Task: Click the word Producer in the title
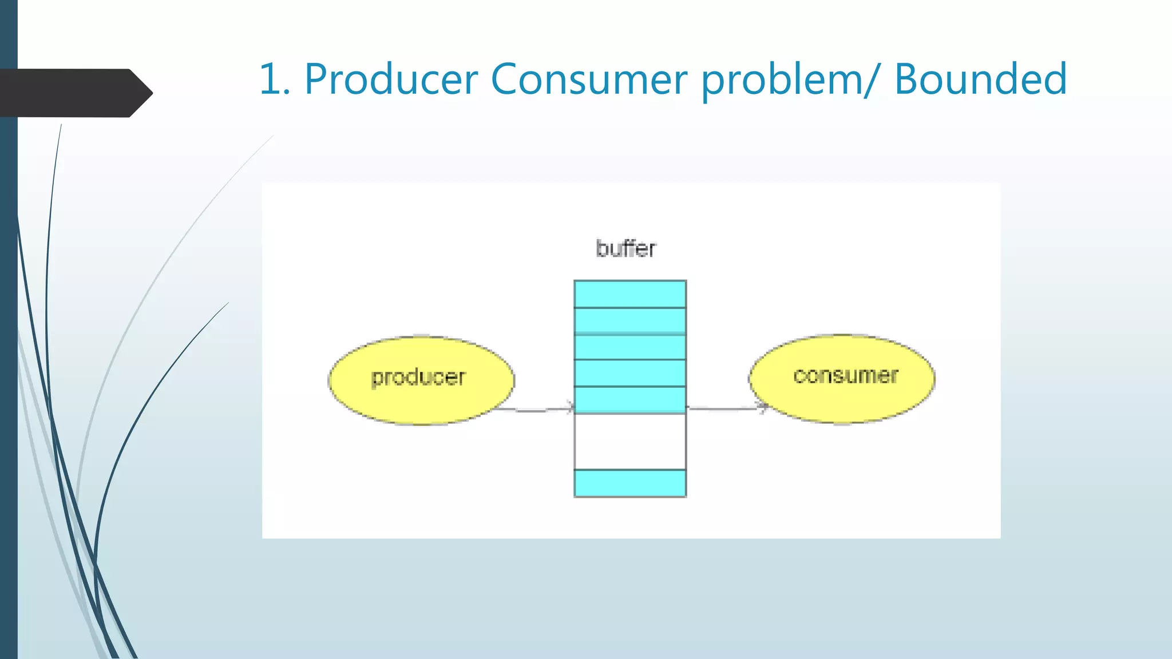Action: [391, 79]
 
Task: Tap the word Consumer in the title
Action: [589, 79]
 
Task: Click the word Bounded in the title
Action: [980, 79]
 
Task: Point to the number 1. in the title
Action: [275, 79]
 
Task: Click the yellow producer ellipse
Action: [421, 400]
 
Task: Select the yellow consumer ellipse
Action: [842, 400]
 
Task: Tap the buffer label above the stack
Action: [625, 249]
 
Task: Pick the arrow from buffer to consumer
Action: [727, 408]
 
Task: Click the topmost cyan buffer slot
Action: [630, 294]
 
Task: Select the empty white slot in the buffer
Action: [630, 442]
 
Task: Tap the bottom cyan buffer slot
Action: [630, 483]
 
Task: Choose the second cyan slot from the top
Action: [630, 321]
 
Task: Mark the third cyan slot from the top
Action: [630, 347]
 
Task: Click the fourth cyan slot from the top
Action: [630, 373]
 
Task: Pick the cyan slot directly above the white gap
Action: [630, 400]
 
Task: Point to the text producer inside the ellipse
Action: [418, 378]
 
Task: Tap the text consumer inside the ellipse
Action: [846, 376]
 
